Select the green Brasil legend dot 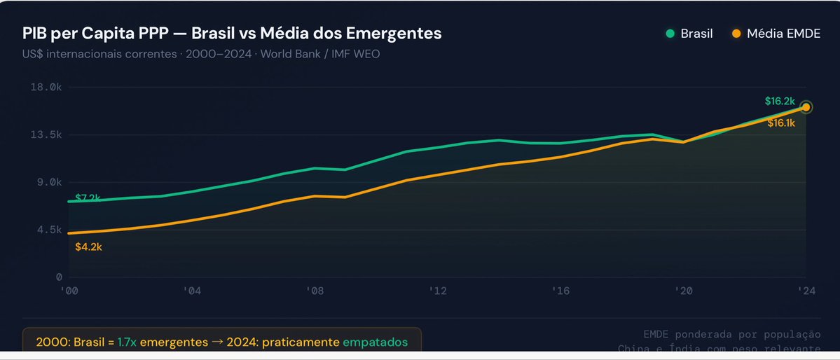[670, 34]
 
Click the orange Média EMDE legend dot [736, 34]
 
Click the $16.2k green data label [780, 101]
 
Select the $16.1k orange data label [781, 123]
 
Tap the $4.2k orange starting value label [89, 247]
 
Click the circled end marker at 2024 [806, 107]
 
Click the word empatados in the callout [374, 342]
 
